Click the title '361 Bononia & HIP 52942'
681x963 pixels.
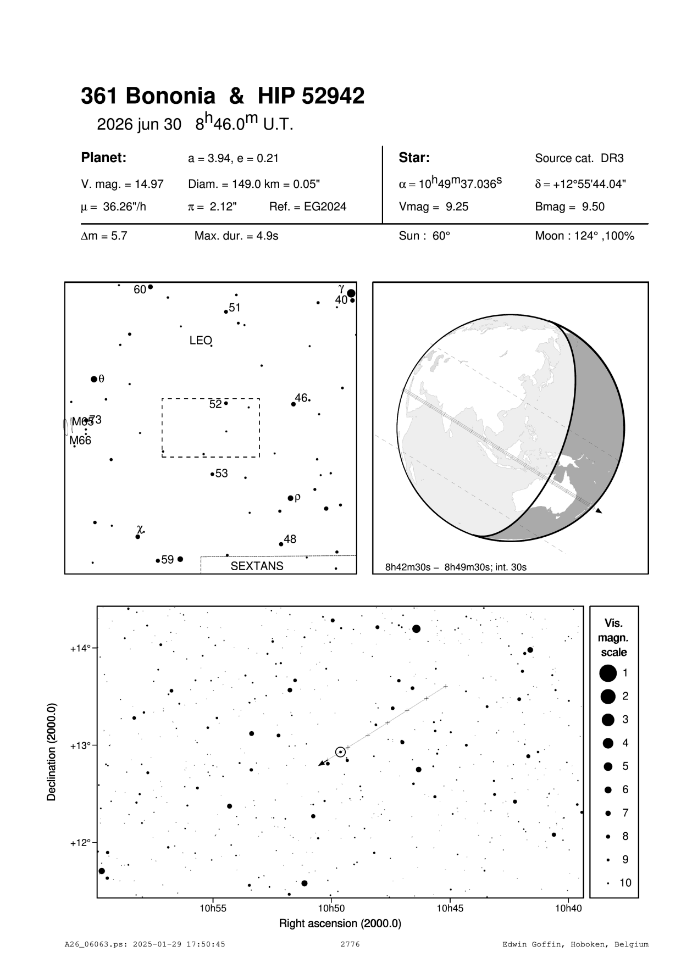(x=223, y=96)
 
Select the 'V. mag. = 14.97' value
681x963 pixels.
(x=122, y=184)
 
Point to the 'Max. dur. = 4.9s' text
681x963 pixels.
(x=236, y=236)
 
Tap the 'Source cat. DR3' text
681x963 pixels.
(x=579, y=159)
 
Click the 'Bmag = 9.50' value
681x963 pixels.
(x=566, y=207)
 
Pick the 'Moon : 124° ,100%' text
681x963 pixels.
(x=584, y=236)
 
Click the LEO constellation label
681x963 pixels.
(x=200, y=341)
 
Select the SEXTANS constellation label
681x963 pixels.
(x=257, y=566)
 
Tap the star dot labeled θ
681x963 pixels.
(x=94, y=379)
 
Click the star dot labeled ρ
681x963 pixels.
(x=291, y=498)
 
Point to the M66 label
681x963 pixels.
(x=80, y=441)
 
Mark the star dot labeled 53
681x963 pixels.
(x=212, y=474)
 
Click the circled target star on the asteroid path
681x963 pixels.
(x=340, y=752)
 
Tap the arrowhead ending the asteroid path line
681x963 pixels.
(x=321, y=764)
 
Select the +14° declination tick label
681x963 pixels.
(x=81, y=648)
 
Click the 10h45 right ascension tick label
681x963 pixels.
(x=450, y=908)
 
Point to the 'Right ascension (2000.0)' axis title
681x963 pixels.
(x=340, y=923)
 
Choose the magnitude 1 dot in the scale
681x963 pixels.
(x=608, y=672)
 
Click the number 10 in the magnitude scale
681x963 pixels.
(x=625, y=883)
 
